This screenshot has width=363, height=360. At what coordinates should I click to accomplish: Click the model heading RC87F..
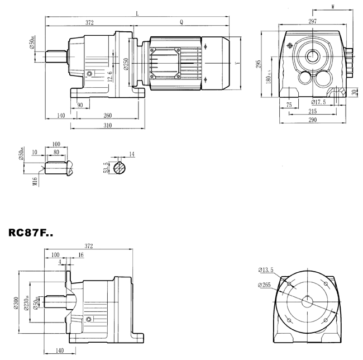click(38, 232)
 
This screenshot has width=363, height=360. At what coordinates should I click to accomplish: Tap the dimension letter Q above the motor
click(181, 22)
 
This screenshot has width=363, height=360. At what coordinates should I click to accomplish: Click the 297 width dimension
click(312, 21)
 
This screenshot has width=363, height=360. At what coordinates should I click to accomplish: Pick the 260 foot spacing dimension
click(107, 116)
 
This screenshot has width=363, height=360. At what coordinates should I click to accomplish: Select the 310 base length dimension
click(107, 126)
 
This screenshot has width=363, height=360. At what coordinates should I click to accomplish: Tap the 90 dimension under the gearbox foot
click(79, 105)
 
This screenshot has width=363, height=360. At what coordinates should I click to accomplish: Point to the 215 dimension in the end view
click(313, 112)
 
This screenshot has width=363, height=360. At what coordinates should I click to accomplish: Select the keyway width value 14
click(132, 154)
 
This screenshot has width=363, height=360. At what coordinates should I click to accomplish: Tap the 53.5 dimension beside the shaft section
click(106, 167)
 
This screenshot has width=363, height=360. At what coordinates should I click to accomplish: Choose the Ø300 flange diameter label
click(23, 303)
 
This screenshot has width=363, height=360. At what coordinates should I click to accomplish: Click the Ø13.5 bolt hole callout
click(266, 270)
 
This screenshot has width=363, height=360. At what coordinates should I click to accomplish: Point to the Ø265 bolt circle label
click(266, 285)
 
